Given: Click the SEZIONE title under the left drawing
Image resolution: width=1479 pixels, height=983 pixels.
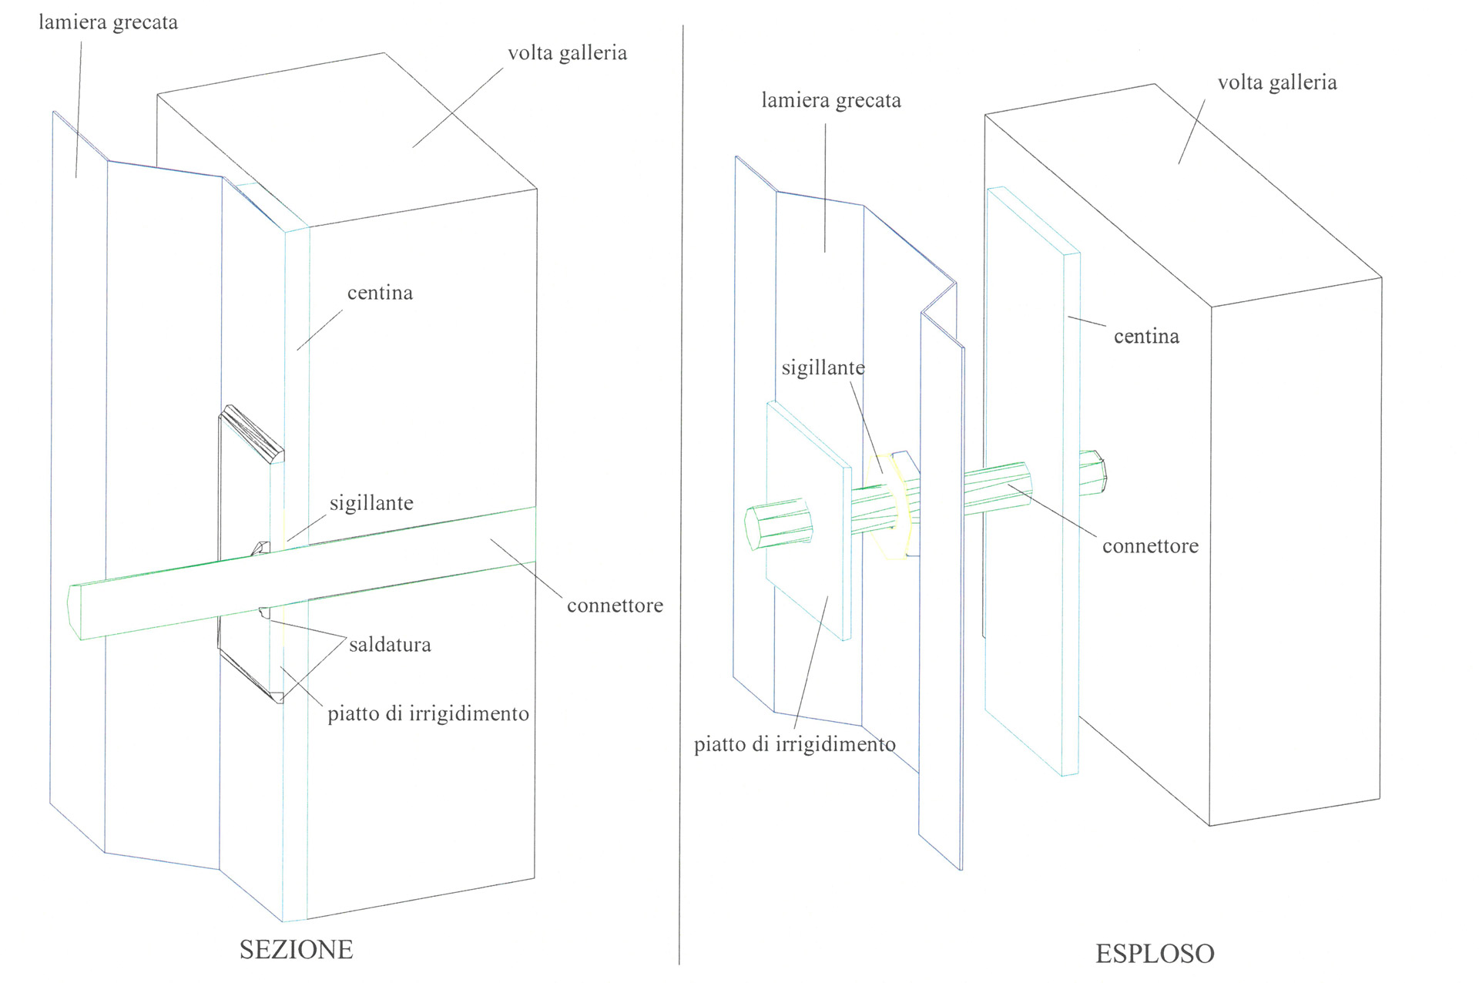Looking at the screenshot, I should [x=296, y=950].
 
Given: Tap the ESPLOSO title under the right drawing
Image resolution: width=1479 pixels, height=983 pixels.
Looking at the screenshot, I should [x=1155, y=954].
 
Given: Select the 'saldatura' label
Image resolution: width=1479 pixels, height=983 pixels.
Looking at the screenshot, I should [x=390, y=645].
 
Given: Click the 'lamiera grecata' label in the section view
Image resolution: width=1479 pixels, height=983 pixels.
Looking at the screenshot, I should [x=108, y=22].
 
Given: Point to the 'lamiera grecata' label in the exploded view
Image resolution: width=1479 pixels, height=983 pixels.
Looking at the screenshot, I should [x=830, y=101].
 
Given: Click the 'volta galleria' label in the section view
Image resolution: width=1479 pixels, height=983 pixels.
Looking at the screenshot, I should [x=567, y=53].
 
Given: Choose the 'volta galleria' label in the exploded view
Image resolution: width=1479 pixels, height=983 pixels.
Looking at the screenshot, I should [x=1276, y=82].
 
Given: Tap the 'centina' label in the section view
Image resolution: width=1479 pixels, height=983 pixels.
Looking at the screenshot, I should [x=380, y=293].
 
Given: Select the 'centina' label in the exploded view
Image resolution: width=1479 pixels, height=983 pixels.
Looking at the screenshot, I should [x=1146, y=337].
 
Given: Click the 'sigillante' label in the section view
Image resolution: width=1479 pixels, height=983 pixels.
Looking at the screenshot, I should [x=371, y=503].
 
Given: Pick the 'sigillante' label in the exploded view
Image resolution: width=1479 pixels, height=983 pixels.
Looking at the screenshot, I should [x=823, y=368].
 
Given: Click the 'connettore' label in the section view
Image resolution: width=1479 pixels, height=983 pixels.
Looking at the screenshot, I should [x=615, y=606].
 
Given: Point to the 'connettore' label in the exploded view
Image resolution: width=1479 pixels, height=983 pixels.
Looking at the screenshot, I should [x=1150, y=546].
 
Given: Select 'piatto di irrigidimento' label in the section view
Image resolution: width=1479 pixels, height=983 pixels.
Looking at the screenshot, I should [x=428, y=714].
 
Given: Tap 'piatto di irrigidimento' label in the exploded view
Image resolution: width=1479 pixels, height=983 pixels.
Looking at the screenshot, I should [x=794, y=745].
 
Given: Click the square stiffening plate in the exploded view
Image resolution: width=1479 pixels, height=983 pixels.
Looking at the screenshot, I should [x=809, y=539].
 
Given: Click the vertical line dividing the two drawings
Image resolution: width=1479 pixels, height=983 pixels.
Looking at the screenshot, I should [x=681, y=493].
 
